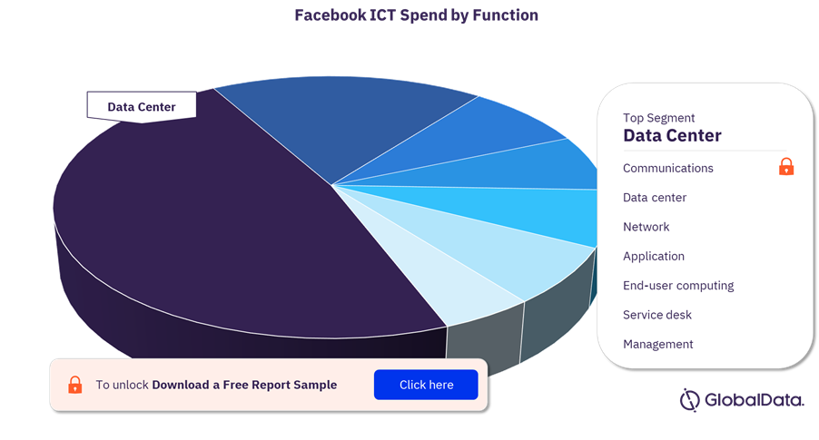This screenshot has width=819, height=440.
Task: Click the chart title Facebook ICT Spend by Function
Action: click(416, 15)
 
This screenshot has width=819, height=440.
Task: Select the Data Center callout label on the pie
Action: click(142, 107)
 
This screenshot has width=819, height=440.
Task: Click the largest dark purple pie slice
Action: click(220, 224)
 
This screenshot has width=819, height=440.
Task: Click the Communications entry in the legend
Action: click(668, 168)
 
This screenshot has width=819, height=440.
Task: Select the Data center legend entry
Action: click(655, 197)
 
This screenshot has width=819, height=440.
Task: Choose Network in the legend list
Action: click(646, 227)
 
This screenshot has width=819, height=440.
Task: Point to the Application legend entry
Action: click(654, 256)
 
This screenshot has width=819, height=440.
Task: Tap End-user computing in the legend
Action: click(678, 286)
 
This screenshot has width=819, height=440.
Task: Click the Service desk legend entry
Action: click(657, 315)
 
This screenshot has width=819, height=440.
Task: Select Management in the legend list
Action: click(658, 344)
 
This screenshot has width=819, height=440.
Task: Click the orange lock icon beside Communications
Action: click(786, 167)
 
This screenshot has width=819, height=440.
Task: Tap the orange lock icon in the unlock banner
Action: click(75, 385)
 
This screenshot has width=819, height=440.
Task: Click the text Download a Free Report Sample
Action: click(244, 385)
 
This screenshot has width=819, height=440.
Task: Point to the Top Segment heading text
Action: click(658, 118)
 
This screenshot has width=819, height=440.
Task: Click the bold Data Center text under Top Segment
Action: click(672, 136)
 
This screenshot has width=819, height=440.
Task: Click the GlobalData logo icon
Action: click(689, 400)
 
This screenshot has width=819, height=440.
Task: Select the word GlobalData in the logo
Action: click(755, 400)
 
